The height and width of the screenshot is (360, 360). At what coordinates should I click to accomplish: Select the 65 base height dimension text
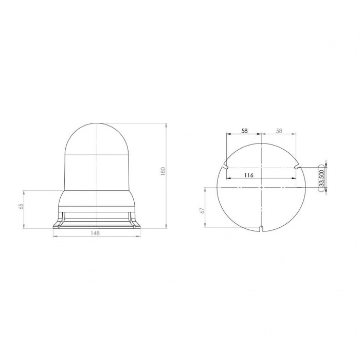point(21,206)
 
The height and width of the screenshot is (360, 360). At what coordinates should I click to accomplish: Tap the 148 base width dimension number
point(95,233)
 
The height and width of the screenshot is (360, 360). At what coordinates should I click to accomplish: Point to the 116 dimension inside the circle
point(248,175)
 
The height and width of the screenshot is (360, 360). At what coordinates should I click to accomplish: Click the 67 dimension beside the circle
point(203,210)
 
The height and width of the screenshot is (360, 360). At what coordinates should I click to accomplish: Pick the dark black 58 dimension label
point(244,131)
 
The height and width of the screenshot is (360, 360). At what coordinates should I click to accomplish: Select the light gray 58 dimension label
point(279,131)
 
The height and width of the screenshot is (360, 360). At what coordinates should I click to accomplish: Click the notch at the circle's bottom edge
point(262,228)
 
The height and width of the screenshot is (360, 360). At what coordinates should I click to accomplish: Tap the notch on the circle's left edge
point(225,166)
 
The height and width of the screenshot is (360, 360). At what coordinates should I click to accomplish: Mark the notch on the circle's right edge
point(297,166)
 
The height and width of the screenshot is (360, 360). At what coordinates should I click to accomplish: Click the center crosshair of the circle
point(262,187)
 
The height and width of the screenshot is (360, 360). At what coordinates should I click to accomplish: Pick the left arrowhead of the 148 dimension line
point(53,237)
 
